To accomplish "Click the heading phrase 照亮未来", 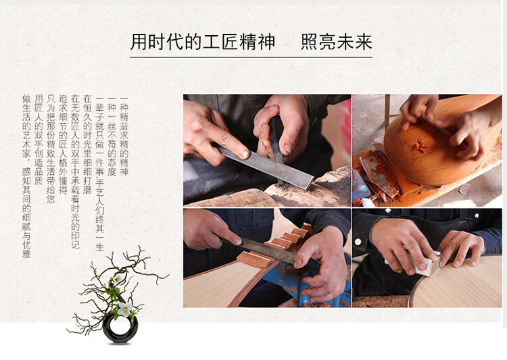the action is click(336, 42).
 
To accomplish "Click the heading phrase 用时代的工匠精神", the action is click(203, 42).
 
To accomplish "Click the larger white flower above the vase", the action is click(125, 309).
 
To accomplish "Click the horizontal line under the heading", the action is click(251, 57).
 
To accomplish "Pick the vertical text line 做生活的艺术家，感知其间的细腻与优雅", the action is click(26, 176).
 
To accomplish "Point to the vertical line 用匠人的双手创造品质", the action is click(39, 140).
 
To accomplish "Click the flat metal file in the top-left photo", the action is click(265, 165).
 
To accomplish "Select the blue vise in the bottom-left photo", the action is click(310, 284).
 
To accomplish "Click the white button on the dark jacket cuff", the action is click(358, 242).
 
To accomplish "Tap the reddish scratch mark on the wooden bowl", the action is click(419, 145).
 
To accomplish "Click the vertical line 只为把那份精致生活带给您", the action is click(51, 149).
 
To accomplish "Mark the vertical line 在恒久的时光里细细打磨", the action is click(87, 144).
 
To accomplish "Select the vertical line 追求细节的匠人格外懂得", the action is click(63, 144).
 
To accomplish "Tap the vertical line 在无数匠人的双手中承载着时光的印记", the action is click(75, 172).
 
